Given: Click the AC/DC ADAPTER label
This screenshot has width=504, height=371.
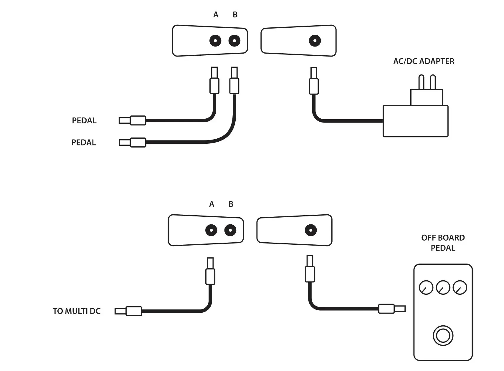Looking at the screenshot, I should tap(423, 61).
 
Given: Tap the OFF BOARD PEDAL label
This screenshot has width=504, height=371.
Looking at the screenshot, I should tap(443, 243).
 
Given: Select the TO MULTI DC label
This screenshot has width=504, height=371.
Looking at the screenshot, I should tap(77, 311).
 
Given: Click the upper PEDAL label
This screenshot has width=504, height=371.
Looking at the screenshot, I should tap(84, 120).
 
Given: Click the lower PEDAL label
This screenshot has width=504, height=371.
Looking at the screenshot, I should tap(84, 143).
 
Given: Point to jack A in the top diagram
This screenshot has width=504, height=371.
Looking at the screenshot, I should tap(215, 41).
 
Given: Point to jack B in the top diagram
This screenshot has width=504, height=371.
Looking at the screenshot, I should tap(234, 41).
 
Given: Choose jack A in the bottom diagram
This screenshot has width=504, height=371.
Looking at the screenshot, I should tap(211, 230).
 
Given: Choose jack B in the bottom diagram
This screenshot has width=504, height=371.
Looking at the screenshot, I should tap(230, 230).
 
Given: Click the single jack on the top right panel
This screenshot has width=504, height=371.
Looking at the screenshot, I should tap(315, 41).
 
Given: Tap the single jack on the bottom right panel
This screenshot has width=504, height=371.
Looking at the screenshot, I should tap(311, 230).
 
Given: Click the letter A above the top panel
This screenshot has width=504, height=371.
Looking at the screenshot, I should tap(216, 15).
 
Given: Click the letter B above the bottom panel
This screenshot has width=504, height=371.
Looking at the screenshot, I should tap(231, 204).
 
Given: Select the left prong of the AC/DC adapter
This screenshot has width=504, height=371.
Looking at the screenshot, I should tap(421, 82).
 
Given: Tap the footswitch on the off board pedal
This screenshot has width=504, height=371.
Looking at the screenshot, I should tap(443, 336).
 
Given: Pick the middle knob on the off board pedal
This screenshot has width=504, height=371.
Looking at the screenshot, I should tap(443, 287).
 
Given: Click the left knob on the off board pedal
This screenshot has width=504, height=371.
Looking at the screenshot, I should tap(426, 287).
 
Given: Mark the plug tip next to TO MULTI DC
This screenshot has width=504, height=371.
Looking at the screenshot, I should tap(120, 311).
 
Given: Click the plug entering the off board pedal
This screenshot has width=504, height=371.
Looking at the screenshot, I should tap(400, 309).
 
